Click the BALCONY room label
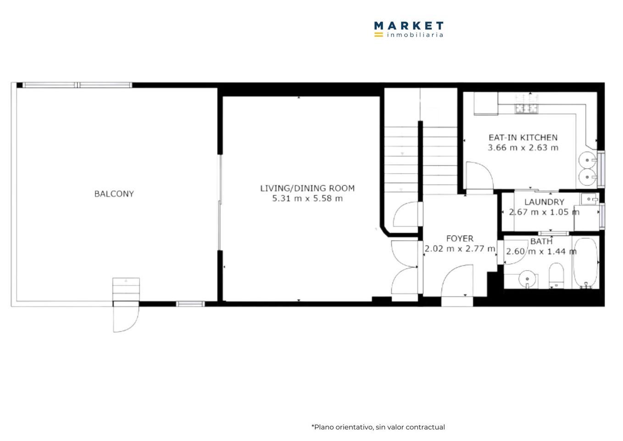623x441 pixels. (x=114, y=194)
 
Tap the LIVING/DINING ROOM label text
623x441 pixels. (x=307, y=188)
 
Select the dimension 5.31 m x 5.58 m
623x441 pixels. (x=307, y=198)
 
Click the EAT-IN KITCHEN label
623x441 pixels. (x=523, y=137)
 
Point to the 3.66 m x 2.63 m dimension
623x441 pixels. (x=523, y=147)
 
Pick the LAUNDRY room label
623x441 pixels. (x=544, y=202)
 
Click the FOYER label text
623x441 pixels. (x=460, y=238)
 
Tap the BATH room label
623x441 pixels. (x=541, y=241)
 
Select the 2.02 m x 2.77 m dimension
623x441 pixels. (x=460, y=249)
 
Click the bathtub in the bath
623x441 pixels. (x=585, y=263)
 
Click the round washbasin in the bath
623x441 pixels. (x=527, y=279)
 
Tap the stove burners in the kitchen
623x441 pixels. (x=526, y=108)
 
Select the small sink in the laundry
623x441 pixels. (x=590, y=199)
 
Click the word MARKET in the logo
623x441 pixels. (x=409, y=26)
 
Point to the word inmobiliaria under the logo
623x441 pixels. (x=415, y=35)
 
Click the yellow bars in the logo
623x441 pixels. (x=378, y=34)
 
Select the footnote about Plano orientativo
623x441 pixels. (x=378, y=427)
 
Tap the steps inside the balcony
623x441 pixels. (x=126, y=289)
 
